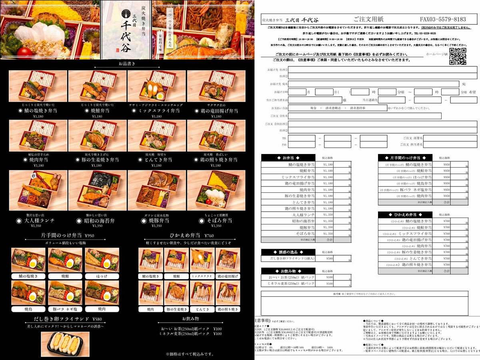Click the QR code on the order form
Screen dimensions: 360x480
[x=458, y=56]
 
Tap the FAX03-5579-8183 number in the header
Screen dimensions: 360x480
[x=443, y=19]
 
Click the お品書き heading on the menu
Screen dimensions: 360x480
[x=127, y=64]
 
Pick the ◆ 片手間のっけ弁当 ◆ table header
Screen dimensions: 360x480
[x=406, y=158]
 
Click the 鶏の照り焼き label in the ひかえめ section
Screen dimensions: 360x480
[x=228, y=309]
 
